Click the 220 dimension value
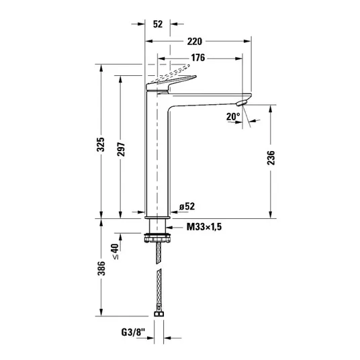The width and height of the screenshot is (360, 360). coord(195,42)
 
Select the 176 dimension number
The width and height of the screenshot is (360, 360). coord(198,58)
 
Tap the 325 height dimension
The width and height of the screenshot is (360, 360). coord(101,144)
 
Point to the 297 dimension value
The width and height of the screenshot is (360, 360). coord(121,150)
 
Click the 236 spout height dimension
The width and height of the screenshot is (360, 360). coord(271,158)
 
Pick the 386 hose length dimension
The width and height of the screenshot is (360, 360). coord(101,268)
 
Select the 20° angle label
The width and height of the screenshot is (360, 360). coord(233,117)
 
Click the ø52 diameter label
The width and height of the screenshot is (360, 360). coord(187,206)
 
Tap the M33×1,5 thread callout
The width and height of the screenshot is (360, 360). coord(204,227)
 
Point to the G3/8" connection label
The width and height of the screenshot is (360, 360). coord(134,332)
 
